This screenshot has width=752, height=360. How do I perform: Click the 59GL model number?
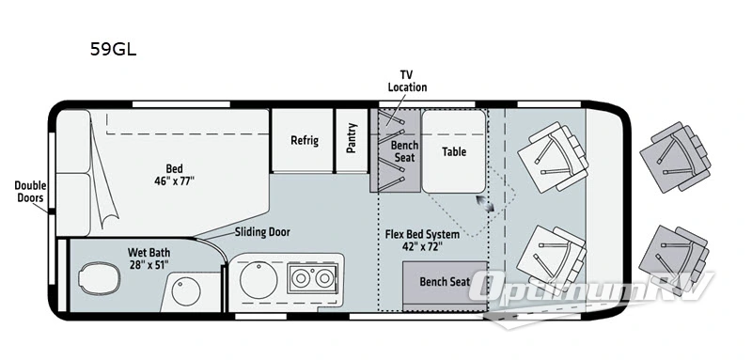tap(113, 49)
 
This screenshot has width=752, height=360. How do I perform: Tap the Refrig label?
tap(305, 140)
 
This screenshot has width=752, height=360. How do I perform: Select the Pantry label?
tap(352, 138)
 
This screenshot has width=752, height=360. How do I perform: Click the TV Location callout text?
tap(407, 81)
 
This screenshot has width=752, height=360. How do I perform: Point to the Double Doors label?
tap(30, 191)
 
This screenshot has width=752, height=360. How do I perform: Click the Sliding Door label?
tap(262, 232)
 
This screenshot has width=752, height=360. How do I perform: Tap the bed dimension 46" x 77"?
tap(174, 181)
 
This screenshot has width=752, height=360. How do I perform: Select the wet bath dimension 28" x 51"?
tap(149, 265)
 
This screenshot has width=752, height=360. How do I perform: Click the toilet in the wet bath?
tap(100, 278)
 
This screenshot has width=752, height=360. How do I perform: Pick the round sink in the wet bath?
tap(186, 291)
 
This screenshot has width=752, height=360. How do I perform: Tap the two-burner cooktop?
tap(312, 278)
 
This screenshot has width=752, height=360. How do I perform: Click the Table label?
tap(454, 151)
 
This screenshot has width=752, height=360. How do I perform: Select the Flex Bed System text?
tap(422, 234)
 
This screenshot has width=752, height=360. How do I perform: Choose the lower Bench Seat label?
tap(445, 281)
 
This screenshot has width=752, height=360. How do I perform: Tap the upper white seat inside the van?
tap(553, 157)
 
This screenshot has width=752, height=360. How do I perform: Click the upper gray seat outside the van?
tap(675, 157)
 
